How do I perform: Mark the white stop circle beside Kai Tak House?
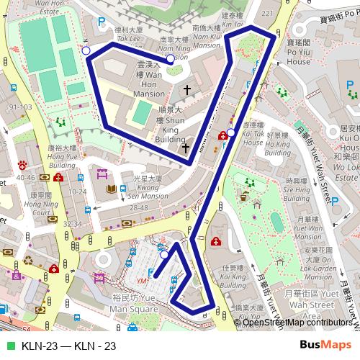pos(230,132)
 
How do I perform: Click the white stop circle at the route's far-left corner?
pos(86,51)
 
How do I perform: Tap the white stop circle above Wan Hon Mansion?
pos(170,59)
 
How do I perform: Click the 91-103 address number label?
pos(19,107)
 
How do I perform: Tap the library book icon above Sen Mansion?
pos(111,189)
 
